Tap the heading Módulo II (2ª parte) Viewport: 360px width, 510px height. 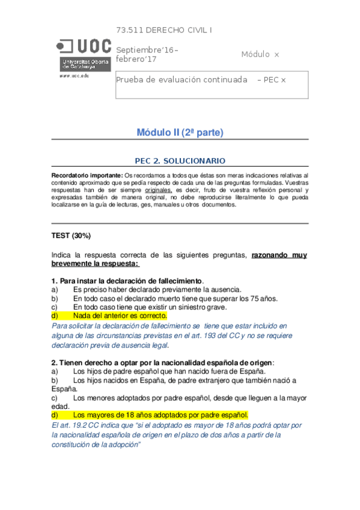click(x=180, y=132)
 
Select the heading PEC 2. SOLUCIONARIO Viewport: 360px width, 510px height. click(x=180, y=161)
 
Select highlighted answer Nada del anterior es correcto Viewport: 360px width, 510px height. click(x=120, y=315)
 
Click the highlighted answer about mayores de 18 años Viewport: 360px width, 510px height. click(x=160, y=415)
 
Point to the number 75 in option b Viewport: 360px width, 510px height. click(x=261, y=298)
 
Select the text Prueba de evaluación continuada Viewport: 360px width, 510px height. click(x=182, y=79)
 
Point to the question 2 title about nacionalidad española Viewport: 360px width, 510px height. click(x=162, y=362)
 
